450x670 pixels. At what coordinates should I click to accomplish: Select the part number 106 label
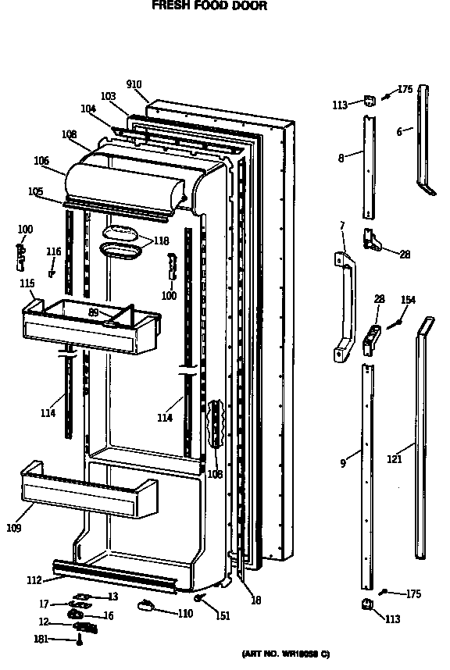(41, 161)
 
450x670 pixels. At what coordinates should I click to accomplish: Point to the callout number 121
(395, 459)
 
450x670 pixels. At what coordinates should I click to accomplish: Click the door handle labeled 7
(343, 309)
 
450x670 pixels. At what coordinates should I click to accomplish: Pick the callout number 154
(409, 300)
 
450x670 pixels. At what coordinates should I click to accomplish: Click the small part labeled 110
(146, 605)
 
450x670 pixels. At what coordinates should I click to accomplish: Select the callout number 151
(223, 616)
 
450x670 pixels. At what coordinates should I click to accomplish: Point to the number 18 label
(255, 601)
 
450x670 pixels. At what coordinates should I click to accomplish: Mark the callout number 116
(53, 251)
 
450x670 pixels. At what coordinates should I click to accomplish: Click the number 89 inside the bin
(93, 312)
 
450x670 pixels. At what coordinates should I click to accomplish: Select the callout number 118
(160, 241)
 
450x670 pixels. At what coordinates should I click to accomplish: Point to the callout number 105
(35, 191)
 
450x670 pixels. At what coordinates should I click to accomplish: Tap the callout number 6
(398, 132)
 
